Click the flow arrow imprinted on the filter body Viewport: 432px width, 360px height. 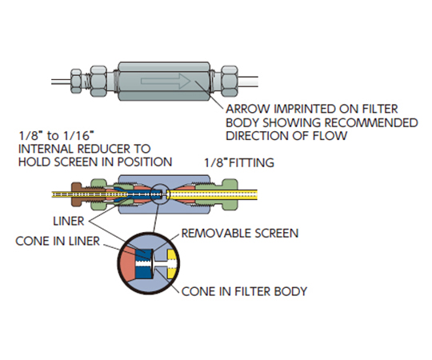click(x=166, y=81)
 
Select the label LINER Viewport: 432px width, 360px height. click(x=69, y=221)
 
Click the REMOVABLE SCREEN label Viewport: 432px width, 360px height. click(x=240, y=234)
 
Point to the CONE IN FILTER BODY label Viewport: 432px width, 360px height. click(x=244, y=291)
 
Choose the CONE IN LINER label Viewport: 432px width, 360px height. click(x=58, y=242)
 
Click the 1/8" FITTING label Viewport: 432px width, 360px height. click(x=239, y=162)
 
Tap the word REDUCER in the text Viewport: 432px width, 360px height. click(x=103, y=149)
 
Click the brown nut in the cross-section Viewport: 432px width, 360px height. click(x=76, y=194)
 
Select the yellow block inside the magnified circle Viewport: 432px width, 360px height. click(x=171, y=264)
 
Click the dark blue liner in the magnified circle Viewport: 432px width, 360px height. click(x=144, y=263)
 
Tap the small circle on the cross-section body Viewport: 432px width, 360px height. click(x=160, y=194)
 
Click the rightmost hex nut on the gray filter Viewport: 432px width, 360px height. click(x=230, y=81)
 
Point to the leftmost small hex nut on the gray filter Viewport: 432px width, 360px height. click(x=76, y=81)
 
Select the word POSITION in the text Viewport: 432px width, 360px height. click(x=145, y=162)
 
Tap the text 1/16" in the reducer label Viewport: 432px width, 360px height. click(x=78, y=136)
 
